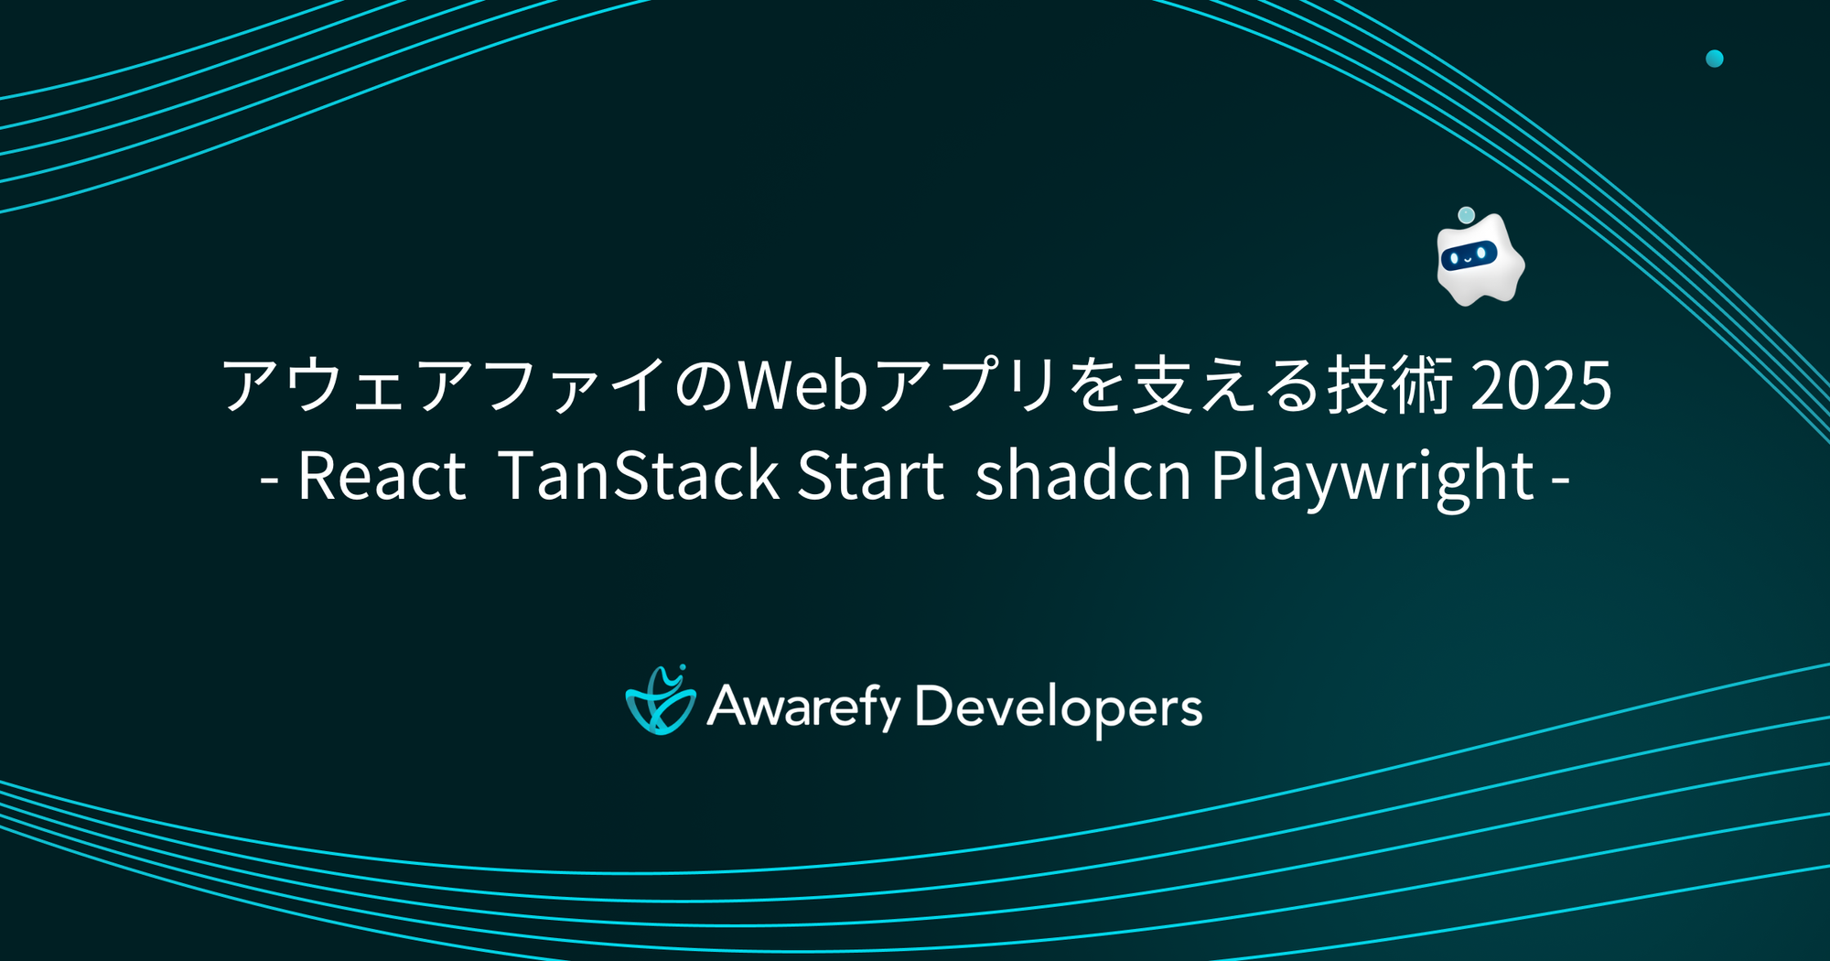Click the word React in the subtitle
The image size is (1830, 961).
(382, 476)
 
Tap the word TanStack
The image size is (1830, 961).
(638, 476)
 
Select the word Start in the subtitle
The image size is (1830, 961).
(870, 476)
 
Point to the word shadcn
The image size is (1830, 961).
(1082, 476)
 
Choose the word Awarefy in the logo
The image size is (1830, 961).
(804, 707)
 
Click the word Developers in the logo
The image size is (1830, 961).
(1059, 707)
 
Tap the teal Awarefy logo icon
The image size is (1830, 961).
(660, 701)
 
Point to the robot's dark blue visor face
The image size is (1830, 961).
(1469, 255)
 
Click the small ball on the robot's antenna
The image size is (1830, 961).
(1466, 215)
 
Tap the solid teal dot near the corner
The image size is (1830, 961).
(1715, 59)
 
